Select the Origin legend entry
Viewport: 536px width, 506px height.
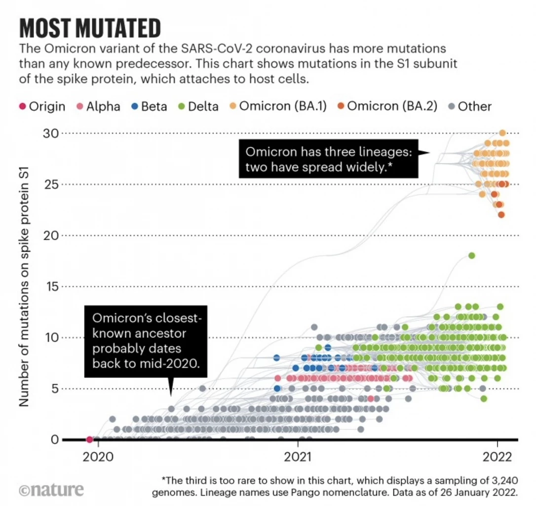click(x=42, y=106)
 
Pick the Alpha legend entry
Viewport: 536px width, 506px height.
click(x=98, y=106)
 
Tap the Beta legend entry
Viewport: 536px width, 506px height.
click(x=149, y=106)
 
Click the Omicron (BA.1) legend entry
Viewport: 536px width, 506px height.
click(x=279, y=106)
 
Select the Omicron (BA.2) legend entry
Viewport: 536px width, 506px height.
click(x=387, y=106)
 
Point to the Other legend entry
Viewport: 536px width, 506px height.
click(x=469, y=106)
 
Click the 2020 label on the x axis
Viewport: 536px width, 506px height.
click(x=97, y=456)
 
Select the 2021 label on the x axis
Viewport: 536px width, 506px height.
click(x=298, y=456)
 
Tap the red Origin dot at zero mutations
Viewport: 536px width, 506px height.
click(x=89, y=439)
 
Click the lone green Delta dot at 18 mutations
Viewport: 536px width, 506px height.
click(x=471, y=255)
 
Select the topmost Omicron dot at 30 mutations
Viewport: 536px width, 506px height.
click(x=502, y=133)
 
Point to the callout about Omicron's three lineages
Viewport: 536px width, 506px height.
click(x=328, y=159)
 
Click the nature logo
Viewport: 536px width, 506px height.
click(x=51, y=490)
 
